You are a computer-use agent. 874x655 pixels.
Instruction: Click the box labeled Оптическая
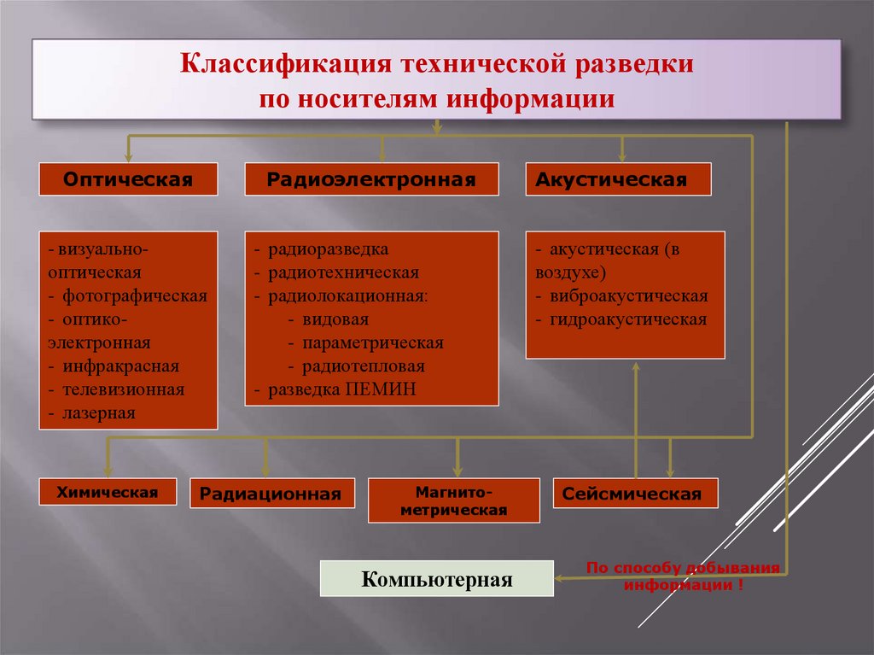click(128, 180)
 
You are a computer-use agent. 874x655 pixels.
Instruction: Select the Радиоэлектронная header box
click(371, 180)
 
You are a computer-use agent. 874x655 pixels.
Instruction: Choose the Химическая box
click(108, 492)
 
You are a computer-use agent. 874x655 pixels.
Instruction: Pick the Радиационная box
click(271, 494)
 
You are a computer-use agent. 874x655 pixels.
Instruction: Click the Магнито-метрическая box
click(453, 501)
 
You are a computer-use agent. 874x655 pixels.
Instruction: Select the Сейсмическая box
click(635, 494)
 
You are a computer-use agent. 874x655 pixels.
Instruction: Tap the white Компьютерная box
click(436, 580)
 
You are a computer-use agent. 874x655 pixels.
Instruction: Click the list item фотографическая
click(134, 296)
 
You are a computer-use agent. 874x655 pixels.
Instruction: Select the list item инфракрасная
click(119, 366)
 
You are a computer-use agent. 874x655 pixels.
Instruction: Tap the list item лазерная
click(98, 413)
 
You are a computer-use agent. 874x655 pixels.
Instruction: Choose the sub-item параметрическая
click(372, 343)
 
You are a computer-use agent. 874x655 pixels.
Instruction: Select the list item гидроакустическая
click(628, 320)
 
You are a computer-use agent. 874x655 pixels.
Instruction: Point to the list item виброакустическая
click(629, 297)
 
